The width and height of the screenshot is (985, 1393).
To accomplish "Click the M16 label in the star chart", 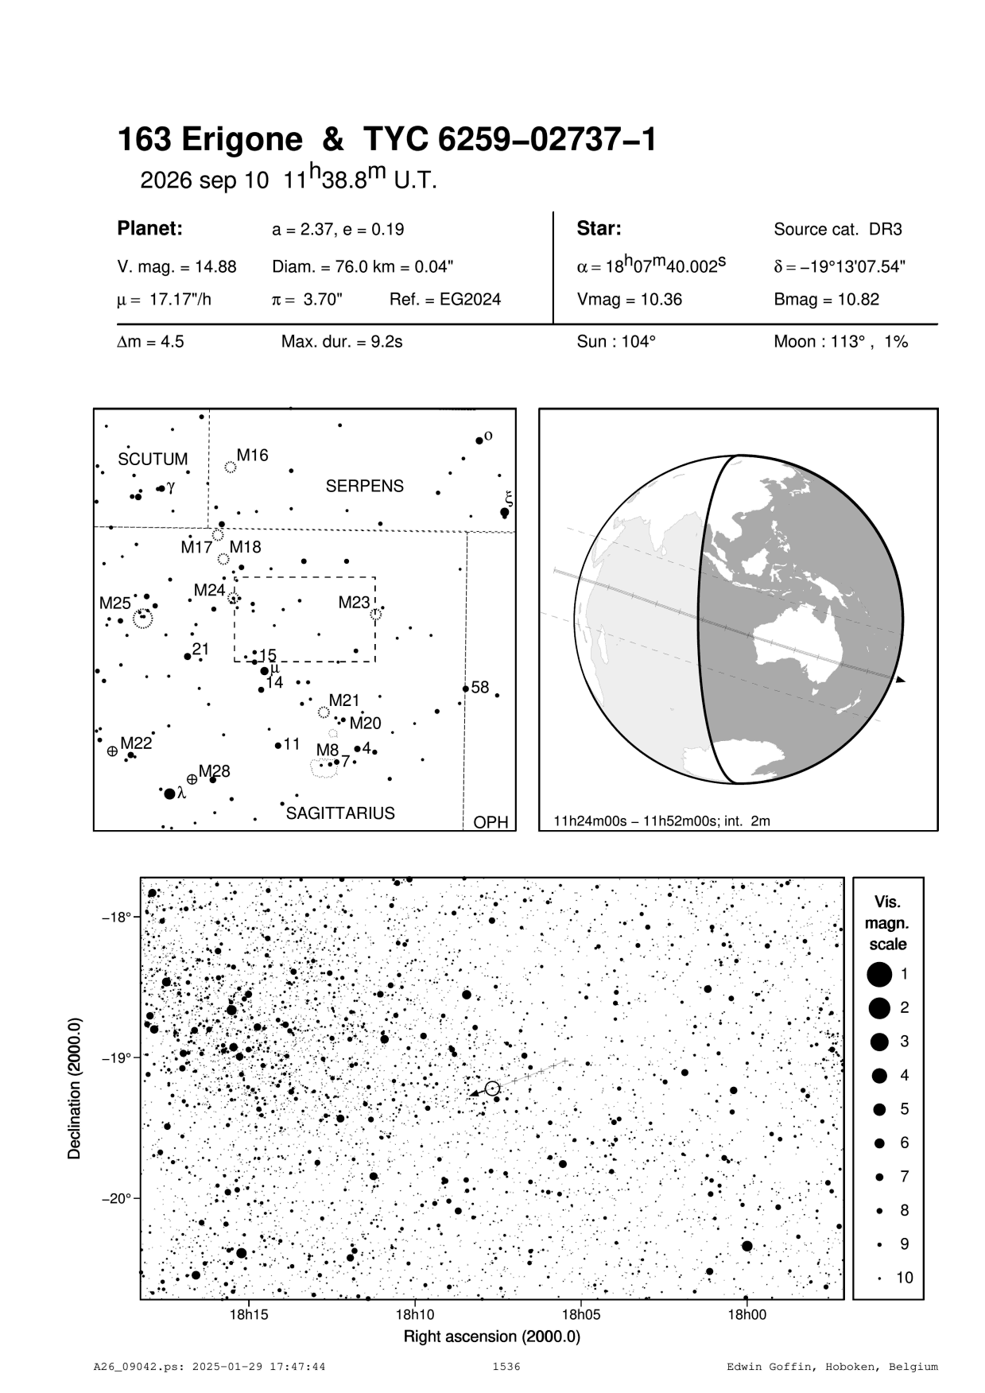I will click(x=253, y=456).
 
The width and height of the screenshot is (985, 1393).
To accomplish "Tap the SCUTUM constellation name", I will click(x=153, y=460).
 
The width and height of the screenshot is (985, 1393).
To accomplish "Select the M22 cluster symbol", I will click(x=112, y=751).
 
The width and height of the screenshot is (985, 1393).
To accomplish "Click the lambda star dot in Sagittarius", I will click(x=169, y=794).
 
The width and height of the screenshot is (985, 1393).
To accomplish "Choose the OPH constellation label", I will click(x=491, y=822).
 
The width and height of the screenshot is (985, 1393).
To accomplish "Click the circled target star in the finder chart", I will click(x=492, y=1088).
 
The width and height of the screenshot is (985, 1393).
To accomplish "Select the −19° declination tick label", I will click(x=116, y=1057).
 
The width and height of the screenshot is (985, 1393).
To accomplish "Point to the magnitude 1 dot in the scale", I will click(x=879, y=974).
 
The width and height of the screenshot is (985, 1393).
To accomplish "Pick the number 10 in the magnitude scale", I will click(x=905, y=1278).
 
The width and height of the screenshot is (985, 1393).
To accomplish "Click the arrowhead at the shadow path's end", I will click(x=900, y=681).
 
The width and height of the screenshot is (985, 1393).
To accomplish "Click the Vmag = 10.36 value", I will click(x=629, y=301).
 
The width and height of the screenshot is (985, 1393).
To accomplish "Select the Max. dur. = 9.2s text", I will click(x=342, y=343).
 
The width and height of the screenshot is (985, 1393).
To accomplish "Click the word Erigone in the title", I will click(x=243, y=140).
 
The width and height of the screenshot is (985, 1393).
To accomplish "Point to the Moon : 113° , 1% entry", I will click(x=840, y=343).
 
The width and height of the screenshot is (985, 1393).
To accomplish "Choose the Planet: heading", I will click(x=150, y=229).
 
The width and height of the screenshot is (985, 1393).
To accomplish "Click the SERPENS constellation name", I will click(x=365, y=486).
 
